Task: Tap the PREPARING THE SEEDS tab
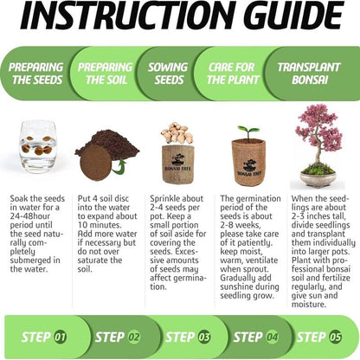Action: click(x=35, y=74)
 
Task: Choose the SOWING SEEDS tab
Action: click(x=167, y=74)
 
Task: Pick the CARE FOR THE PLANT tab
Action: click(x=232, y=74)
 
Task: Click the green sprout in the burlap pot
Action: click(x=248, y=132)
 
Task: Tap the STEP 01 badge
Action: click(x=48, y=337)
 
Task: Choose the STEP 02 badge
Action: click(x=117, y=337)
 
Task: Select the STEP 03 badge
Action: click(x=186, y=337)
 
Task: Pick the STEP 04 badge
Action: click(x=254, y=337)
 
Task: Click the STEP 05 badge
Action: click(x=319, y=337)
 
